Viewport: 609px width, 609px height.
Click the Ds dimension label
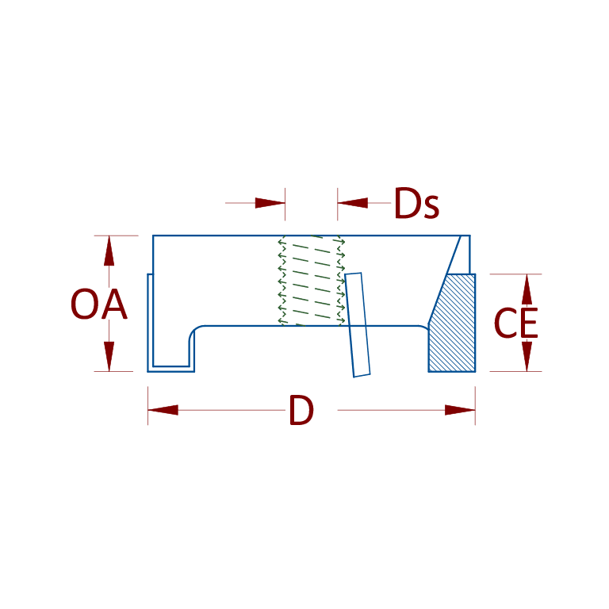tap(416, 204)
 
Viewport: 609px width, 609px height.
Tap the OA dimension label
tap(98, 304)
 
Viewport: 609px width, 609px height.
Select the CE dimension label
tap(515, 324)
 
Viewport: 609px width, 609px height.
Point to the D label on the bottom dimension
tap(301, 411)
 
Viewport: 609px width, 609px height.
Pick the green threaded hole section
tap(311, 280)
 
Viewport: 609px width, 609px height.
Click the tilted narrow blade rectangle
tap(358, 324)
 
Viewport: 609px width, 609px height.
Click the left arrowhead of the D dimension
tap(163, 410)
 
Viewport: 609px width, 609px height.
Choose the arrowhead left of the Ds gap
tap(270, 203)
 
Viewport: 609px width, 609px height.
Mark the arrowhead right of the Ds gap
tap(353, 203)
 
